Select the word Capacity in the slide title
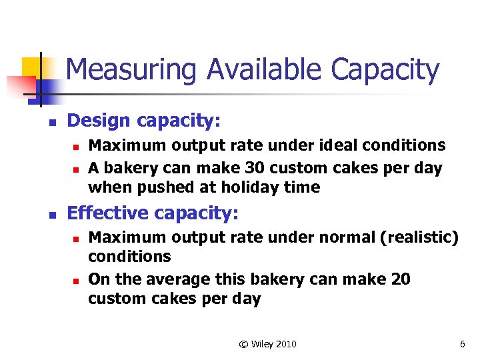pos(385,70)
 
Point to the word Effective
pos(108,213)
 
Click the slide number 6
pos(462,344)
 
